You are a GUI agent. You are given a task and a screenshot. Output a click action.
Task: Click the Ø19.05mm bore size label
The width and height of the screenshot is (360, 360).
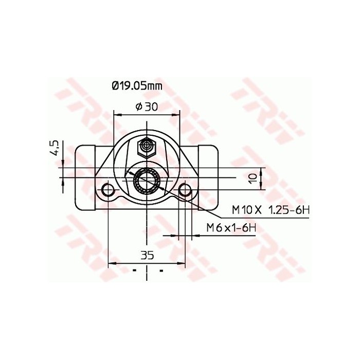pos(137,86)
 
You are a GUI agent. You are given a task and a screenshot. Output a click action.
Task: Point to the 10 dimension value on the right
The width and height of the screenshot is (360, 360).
pos(252,178)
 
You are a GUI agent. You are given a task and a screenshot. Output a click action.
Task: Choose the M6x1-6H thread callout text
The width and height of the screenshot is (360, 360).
pos(231,227)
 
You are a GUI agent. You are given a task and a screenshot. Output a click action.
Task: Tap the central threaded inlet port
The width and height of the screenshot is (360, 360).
pos(147,180)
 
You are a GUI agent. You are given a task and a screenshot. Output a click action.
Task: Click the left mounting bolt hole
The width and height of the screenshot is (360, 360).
pos(108,191)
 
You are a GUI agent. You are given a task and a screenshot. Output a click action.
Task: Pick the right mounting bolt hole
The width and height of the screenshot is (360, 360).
pos(185,191)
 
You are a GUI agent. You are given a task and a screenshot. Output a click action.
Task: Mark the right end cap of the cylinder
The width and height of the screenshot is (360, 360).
pos(209,177)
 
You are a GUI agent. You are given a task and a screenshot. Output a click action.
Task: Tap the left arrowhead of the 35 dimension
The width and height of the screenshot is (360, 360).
pos(111,264)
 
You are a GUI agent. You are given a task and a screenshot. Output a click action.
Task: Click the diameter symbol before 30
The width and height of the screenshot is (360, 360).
pos(138,106)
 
